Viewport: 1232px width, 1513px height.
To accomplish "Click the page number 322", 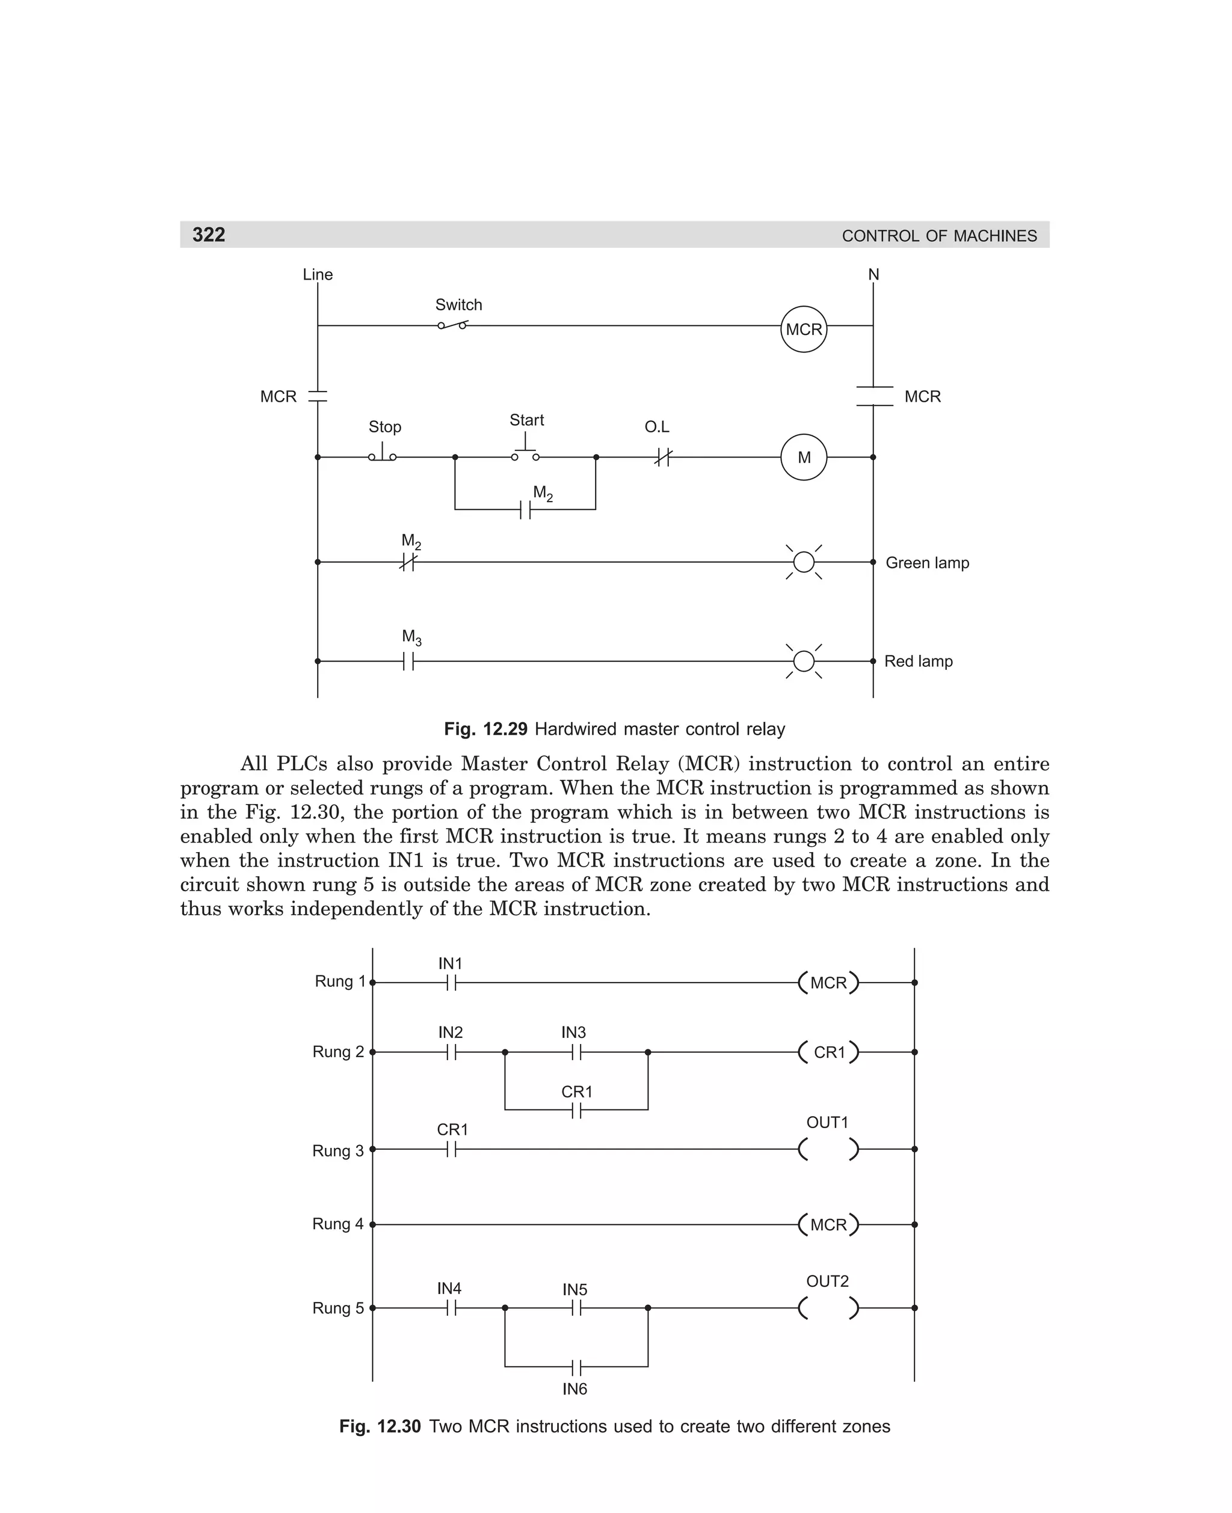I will click(209, 235).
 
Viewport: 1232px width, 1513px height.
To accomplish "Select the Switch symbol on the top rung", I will click(453, 325).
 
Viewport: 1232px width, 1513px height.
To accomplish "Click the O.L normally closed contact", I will click(662, 458).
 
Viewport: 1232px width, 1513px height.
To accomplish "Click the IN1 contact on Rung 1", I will click(451, 983).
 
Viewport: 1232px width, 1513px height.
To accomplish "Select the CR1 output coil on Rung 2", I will click(828, 1052).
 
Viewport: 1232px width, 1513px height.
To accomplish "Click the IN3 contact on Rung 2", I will click(576, 1052).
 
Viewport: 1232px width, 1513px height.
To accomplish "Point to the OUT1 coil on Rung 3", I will click(828, 1149).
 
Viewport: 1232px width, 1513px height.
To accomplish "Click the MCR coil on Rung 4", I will click(828, 1224).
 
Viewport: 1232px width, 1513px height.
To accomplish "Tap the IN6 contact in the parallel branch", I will click(576, 1366).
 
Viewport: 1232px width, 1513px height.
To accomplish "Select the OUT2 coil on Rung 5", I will click(828, 1307).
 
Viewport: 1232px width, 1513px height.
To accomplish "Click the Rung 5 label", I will click(338, 1308).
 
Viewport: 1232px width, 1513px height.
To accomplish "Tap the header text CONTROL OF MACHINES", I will click(939, 236).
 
